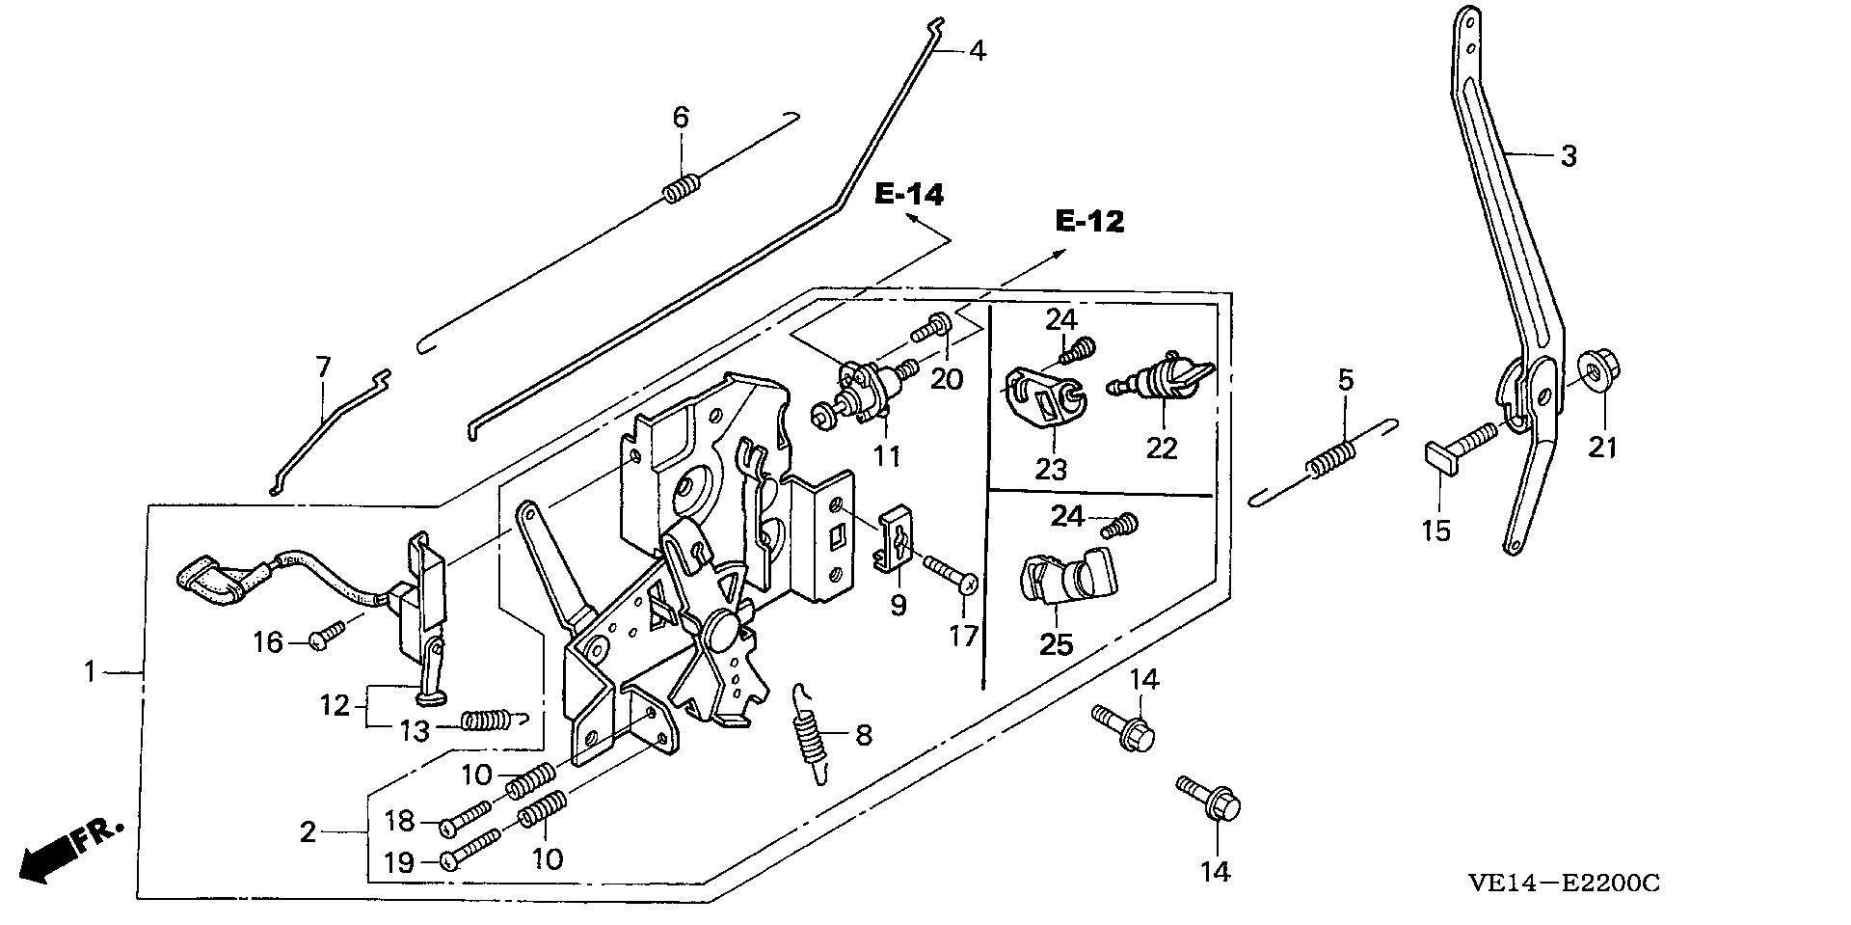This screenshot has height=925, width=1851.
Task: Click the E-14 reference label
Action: pyautogui.click(x=909, y=194)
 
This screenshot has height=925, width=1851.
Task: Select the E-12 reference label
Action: pyautogui.click(x=1089, y=222)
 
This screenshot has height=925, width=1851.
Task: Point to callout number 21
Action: pyautogui.click(x=1603, y=447)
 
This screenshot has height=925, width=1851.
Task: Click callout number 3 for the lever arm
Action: pyautogui.click(x=1569, y=155)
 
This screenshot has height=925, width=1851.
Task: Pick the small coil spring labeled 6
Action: pyautogui.click(x=681, y=186)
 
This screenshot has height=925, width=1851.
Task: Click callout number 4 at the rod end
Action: pyautogui.click(x=977, y=50)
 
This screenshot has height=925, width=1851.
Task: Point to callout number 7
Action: pyautogui.click(x=323, y=367)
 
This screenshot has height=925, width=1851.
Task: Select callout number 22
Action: pyautogui.click(x=1163, y=448)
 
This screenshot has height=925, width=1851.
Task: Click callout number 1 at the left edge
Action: pyautogui.click(x=90, y=670)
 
